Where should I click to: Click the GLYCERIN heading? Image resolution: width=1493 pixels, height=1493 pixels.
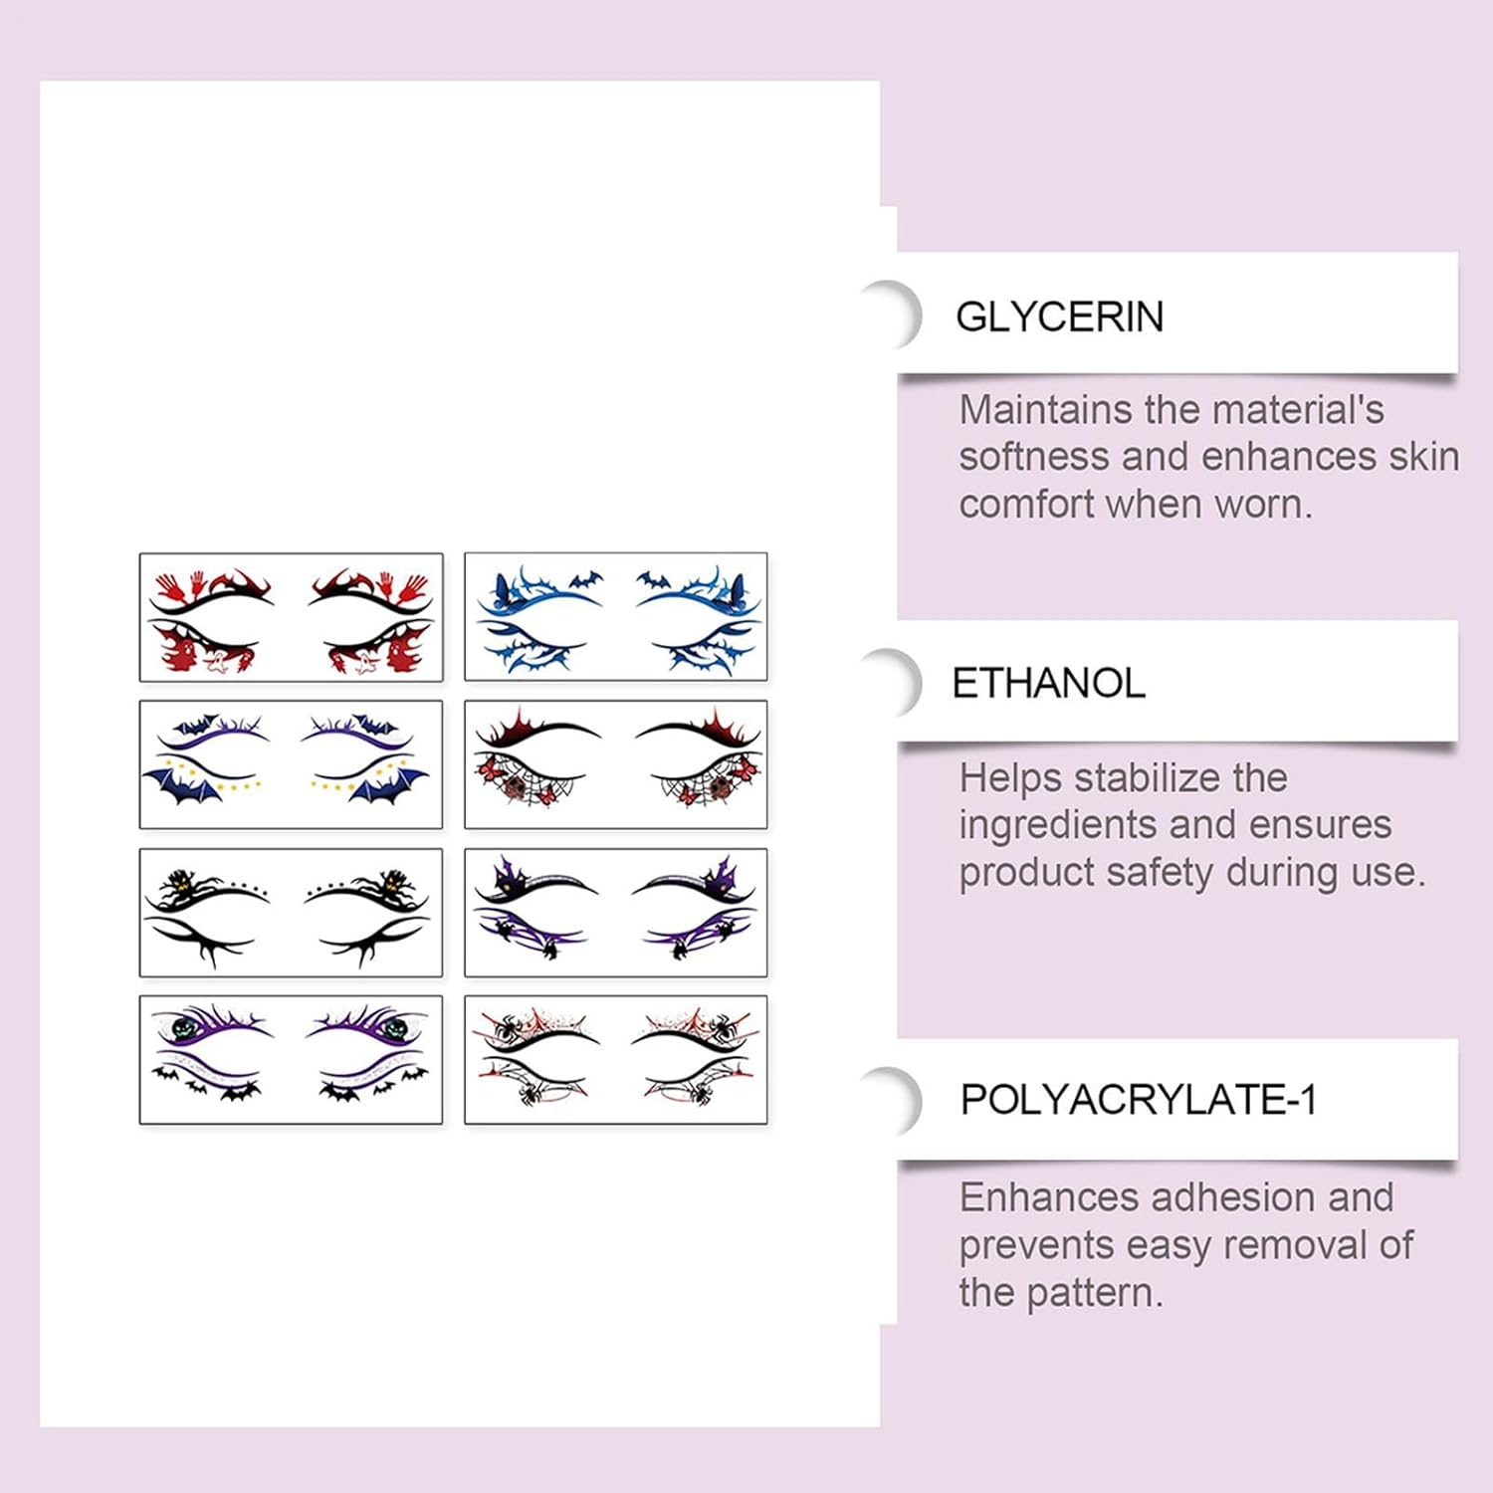coord(1059,317)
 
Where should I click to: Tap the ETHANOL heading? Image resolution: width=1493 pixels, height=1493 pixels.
coord(1048,683)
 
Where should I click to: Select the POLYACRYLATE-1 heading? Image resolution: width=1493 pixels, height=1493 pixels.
coord(1138,1100)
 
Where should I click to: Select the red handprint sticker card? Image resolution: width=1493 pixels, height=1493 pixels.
coord(291,617)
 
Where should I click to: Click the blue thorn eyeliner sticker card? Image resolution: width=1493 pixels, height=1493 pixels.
coord(615,617)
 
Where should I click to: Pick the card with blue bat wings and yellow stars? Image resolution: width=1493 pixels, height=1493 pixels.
coord(291,764)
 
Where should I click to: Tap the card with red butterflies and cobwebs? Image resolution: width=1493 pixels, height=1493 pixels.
coord(615,764)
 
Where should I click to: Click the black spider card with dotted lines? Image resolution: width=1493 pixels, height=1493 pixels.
coord(291,912)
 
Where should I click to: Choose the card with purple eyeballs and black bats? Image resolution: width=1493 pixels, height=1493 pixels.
coord(291,1059)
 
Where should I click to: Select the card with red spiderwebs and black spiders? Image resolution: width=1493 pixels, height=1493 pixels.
coord(615,1059)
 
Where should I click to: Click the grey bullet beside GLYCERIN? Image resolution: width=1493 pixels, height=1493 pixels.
coord(893,316)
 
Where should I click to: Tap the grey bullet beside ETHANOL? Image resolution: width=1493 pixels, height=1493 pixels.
coord(893,683)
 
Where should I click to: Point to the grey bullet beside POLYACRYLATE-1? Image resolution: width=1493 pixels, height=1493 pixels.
coord(893,1100)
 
